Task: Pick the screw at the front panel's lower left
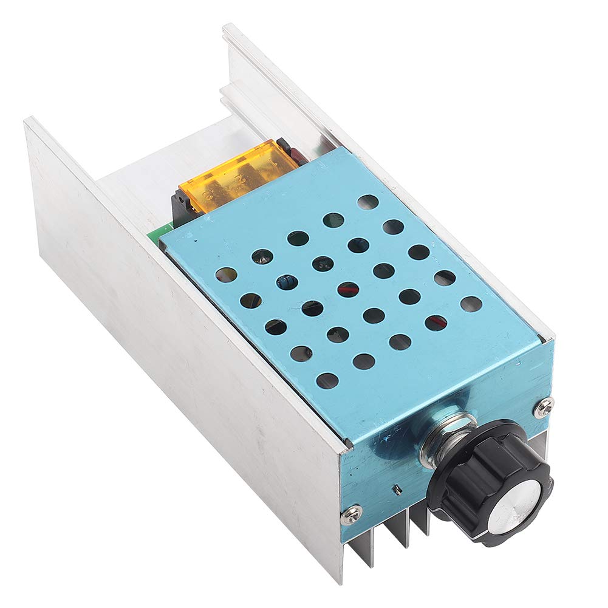coord(351,516)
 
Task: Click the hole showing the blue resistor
coord(287,282)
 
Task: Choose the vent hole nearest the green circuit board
coord(226,275)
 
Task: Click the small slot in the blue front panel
coord(396,488)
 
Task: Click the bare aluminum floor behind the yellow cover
coord(170,164)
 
